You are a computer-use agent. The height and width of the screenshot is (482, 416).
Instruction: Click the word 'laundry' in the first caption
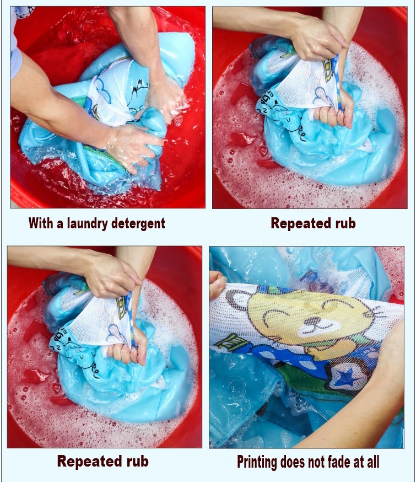[87, 223]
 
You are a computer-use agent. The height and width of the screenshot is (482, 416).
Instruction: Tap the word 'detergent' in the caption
[138, 223]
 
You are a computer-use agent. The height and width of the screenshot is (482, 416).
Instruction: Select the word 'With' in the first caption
[41, 223]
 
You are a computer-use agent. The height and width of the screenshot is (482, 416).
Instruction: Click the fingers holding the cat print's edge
[217, 285]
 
